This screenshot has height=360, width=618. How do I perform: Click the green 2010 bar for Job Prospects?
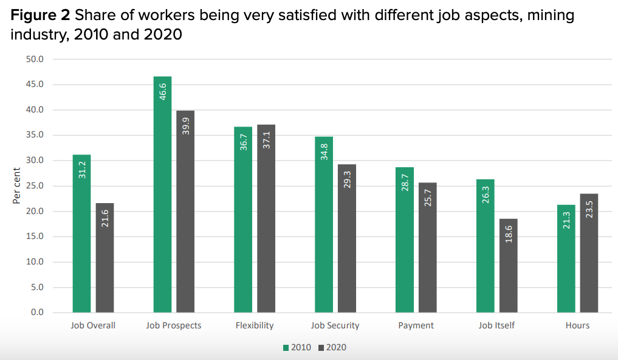click(162, 195)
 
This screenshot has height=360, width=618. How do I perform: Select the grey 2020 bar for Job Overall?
click(105, 258)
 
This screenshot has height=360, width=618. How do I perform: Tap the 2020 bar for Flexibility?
click(266, 219)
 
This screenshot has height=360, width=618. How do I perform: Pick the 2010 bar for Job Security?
click(324, 225)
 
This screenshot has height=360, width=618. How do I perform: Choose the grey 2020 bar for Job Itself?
click(509, 266)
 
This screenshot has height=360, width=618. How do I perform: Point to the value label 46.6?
click(163, 89)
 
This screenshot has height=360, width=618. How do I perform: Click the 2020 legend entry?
click(332, 348)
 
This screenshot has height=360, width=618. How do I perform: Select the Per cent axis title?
click(17, 186)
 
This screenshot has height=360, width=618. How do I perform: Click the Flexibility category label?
click(255, 325)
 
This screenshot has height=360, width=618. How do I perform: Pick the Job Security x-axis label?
click(335, 325)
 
